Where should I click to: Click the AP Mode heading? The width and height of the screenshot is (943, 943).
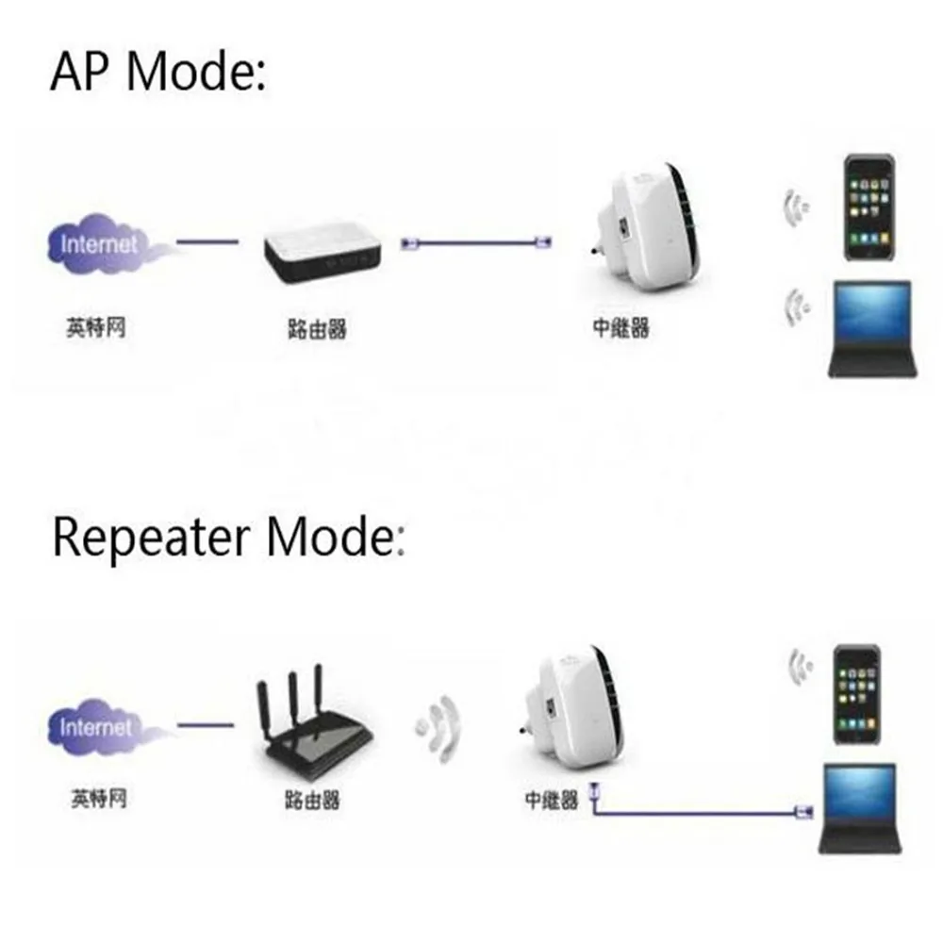157,73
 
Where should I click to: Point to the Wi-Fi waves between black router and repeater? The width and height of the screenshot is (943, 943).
440,727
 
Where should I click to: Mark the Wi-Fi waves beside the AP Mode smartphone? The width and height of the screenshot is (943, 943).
797,207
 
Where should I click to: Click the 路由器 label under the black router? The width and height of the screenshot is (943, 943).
311,801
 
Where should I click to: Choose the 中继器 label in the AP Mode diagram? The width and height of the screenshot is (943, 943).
620,328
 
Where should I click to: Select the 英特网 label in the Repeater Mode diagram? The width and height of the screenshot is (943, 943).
96,800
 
